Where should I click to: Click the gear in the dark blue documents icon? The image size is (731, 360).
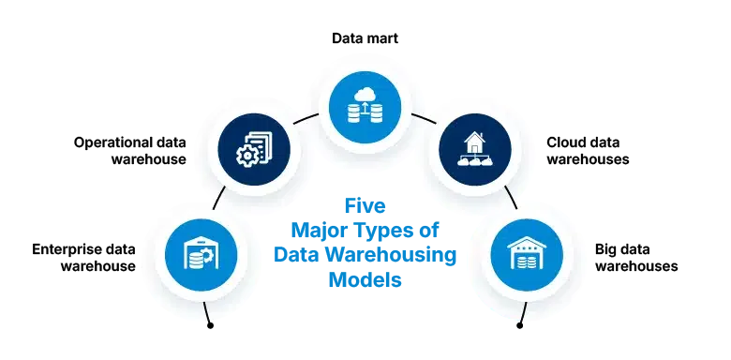pos(247,157)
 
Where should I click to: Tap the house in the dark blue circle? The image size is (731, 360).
pos(474,142)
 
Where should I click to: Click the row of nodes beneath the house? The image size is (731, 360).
pos(474,162)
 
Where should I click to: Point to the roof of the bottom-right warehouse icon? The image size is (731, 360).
pos(527,242)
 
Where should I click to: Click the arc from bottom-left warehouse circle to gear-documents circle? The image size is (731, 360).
pos(217,198)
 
